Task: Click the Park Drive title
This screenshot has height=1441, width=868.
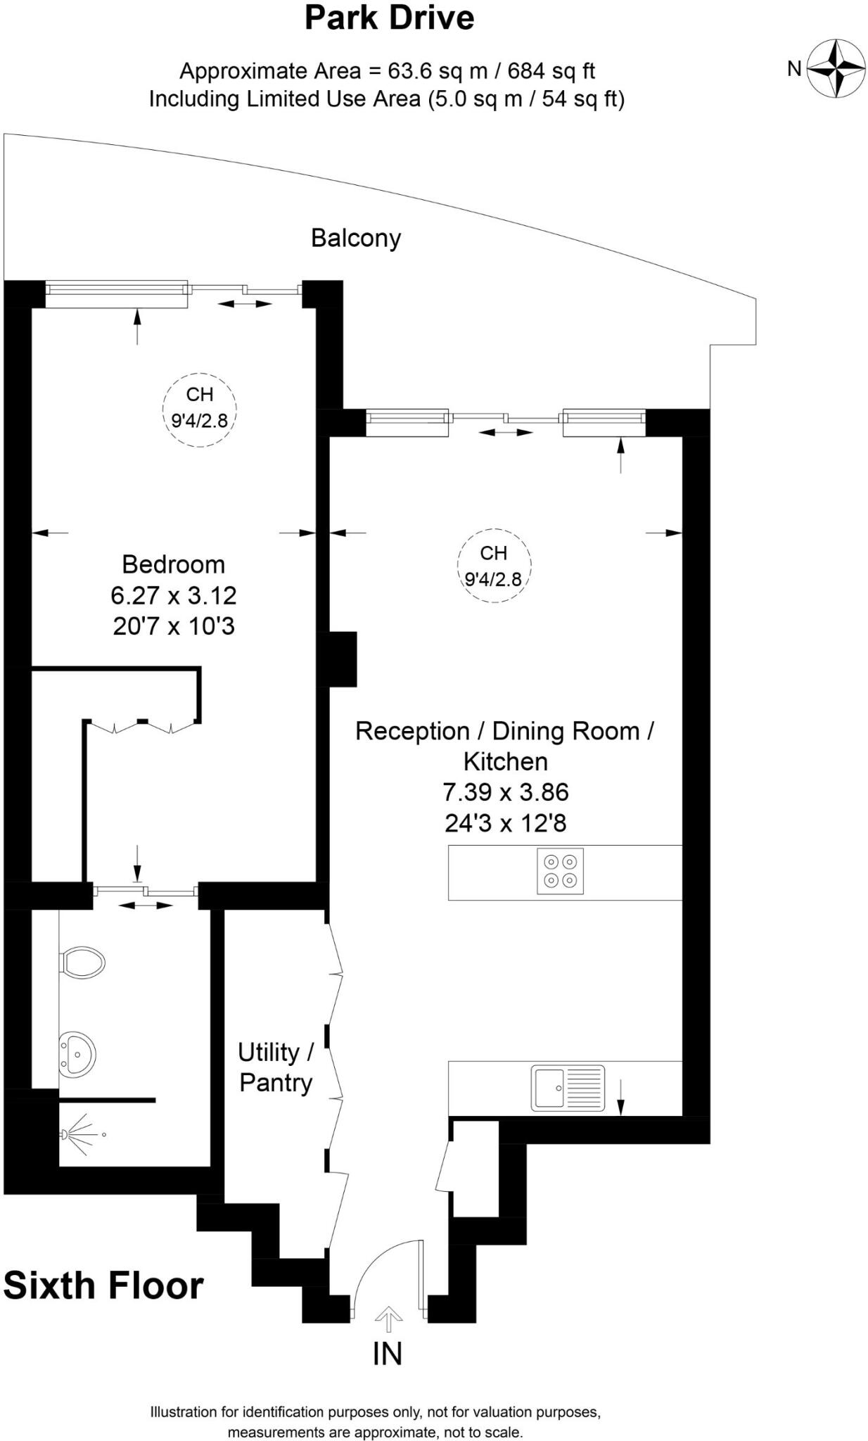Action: pyautogui.click(x=389, y=18)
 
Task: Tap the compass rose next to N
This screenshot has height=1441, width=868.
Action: pyautogui.click(x=836, y=68)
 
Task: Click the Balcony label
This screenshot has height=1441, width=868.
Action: pyautogui.click(x=356, y=238)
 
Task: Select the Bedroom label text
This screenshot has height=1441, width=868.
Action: pyautogui.click(x=173, y=564)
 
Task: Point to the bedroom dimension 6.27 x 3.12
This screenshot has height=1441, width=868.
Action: pyautogui.click(x=173, y=595)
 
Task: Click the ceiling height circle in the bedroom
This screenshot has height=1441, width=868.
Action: pyautogui.click(x=200, y=409)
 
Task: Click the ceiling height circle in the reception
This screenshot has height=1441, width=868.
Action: pyautogui.click(x=494, y=566)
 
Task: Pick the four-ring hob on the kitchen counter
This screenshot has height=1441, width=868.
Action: pyautogui.click(x=560, y=871)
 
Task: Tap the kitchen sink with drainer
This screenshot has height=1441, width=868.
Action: pyautogui.click(x=568, y=1088)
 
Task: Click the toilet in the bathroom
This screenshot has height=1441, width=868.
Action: pyautogui.click(x=83, y=962)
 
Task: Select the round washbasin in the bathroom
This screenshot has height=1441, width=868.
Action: pyautogui.click(x=77, y=1054)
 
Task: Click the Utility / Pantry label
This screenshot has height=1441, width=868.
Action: pyautogui.click(x=276, y=1067)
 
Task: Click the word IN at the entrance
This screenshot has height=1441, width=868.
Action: pyautogui.click(x=388, y=1354)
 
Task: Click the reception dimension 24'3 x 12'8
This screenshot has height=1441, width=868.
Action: pyautogui.click(x=505, y=823)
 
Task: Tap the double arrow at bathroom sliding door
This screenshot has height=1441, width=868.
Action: pyautogui.click(x=145, y=906)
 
